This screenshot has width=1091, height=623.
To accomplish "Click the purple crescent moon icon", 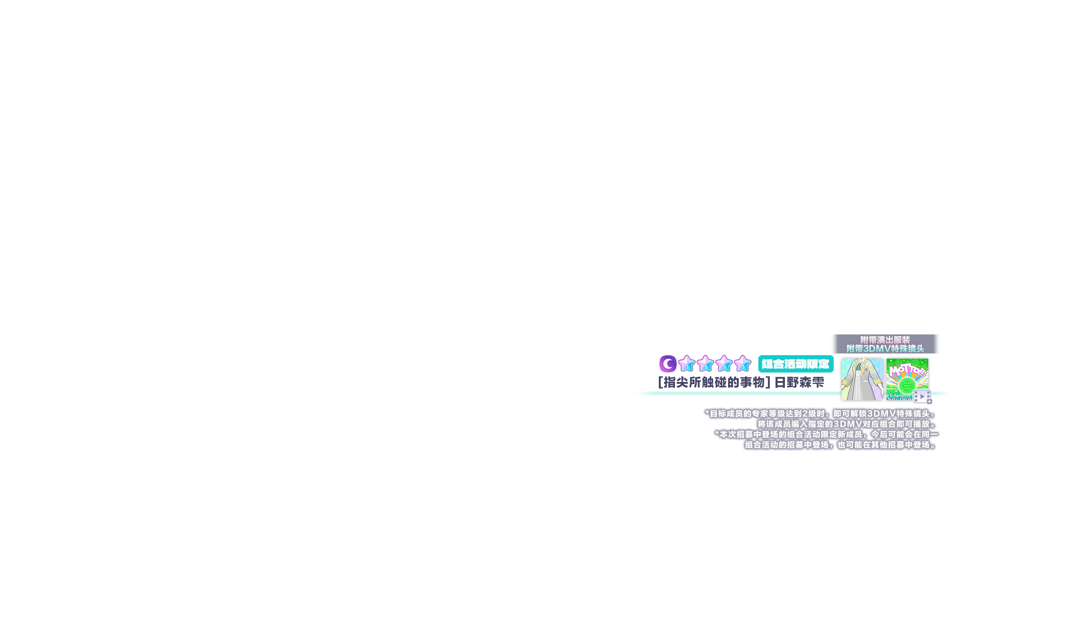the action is tap(668, 364).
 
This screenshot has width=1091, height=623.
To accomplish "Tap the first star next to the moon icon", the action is tap(687, 363).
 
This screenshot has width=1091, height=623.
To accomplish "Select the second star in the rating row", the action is tap(705, 363).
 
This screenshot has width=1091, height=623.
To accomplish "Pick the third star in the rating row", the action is tap(724, 363).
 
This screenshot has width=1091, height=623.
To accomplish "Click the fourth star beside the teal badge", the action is tap(742, 363).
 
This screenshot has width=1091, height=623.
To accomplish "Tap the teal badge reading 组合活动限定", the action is tap(796, 364).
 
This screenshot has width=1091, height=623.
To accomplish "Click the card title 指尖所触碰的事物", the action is tap(714, 382).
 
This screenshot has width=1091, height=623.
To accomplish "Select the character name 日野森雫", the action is tap(799, 382).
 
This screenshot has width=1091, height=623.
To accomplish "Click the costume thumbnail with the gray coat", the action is tap(862, 379).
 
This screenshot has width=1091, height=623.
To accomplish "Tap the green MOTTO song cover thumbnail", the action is tap(907, 379).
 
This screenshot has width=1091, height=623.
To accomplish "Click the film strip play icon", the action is tap(922, 396).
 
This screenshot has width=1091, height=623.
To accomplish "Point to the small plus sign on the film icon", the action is tap(929, 401).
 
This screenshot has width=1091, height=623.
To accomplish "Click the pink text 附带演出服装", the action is tap(885, 340).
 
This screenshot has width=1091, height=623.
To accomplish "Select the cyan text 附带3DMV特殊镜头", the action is tap(885, 349).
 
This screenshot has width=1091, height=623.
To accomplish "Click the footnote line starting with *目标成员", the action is tap(820, 414).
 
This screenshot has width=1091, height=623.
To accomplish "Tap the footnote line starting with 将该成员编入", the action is tap(847, 424).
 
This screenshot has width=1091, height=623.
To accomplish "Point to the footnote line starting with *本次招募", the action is tap(826, 434).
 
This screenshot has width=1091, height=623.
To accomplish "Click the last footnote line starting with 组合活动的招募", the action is tap(841, 445).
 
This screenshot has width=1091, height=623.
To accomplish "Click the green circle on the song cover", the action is tap(907, 385).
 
